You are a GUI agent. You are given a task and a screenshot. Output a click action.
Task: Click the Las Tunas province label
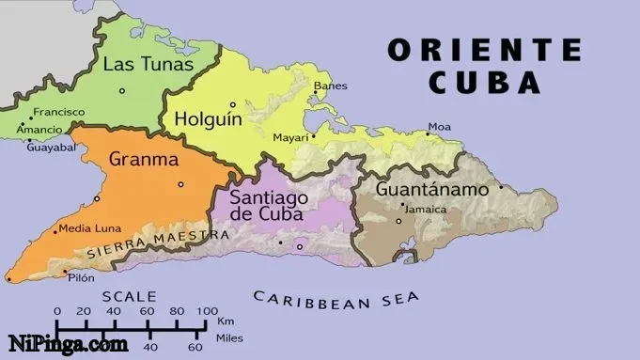(x=148, y=64)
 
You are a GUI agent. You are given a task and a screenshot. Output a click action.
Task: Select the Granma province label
(x=144, y=160)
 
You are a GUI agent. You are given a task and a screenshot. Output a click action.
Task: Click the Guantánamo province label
(x=432, y=189)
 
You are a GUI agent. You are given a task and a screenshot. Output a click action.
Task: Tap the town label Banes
(x=330, y=86)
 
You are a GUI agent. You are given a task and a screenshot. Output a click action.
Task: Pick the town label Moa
(x=440, y=126)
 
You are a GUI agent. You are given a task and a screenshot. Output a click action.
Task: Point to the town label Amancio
(x=39, y=130)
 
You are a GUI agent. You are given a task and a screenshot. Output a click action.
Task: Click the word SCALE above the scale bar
(x=133, y=295)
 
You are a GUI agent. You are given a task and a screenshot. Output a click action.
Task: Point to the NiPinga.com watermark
(x=68, y=344)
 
